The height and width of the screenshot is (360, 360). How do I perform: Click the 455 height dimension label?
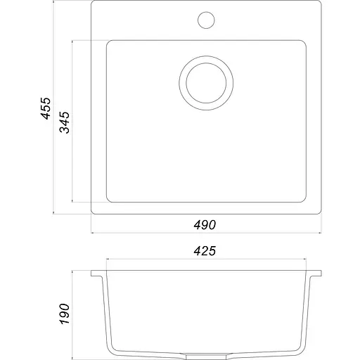[46, 108]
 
